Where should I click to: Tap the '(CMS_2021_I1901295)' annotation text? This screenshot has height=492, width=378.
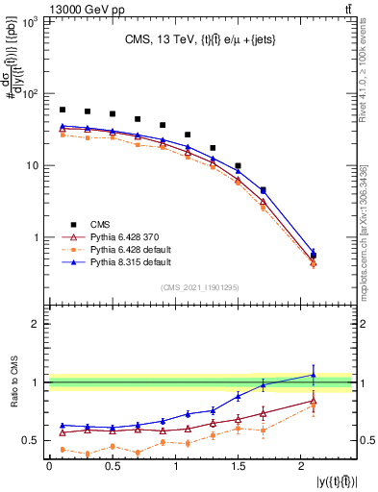(x=199, y=287)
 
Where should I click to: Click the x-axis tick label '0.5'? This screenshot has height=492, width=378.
(x=112, y=466)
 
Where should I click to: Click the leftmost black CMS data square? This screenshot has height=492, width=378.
(x=63, y=111)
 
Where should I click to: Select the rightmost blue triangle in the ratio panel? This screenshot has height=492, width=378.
(x=313, y=375)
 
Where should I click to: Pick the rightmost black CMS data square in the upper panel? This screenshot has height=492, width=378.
(x=313, y=256)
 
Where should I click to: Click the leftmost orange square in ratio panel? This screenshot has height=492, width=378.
(x=63, y=449)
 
